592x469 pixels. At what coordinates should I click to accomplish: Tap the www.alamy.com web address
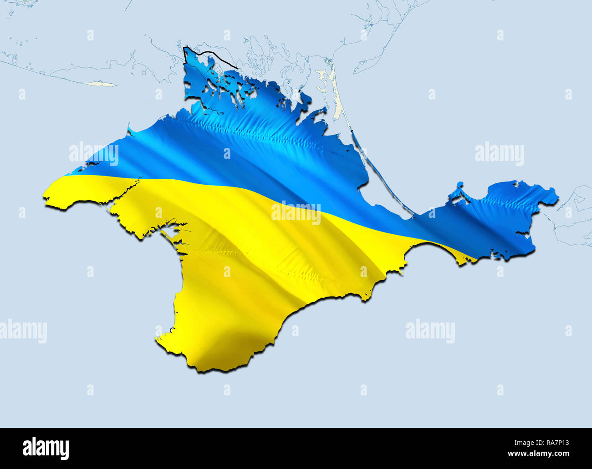537,454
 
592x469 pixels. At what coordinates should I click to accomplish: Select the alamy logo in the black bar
46,448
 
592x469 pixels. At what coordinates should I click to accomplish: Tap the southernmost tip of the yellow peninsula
200,369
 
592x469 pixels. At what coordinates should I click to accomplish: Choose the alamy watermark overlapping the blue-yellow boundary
296,212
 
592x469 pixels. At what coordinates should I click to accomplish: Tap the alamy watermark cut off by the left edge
23,331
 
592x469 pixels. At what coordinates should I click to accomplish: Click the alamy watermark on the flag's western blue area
94,154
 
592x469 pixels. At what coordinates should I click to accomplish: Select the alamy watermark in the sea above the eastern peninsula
499,154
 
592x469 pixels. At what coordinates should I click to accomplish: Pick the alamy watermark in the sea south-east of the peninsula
430,331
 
